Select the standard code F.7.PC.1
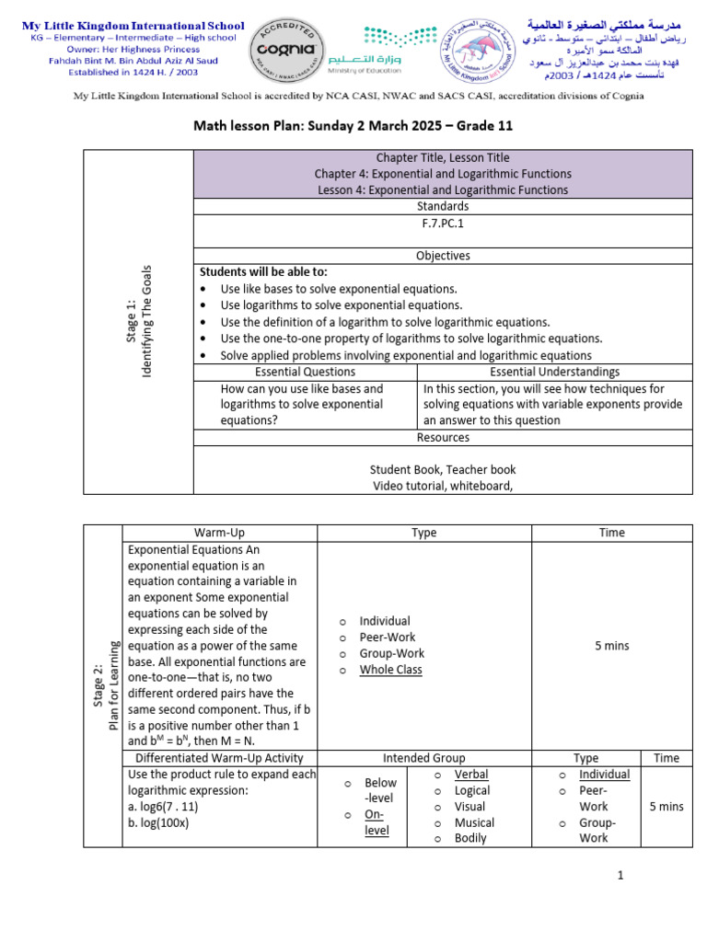[x=443, y=223]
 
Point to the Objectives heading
[x=443, y=256]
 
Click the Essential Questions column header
[x=305, y=372]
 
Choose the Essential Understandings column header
[x=554, y=372]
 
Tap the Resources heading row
[x=443, y=438]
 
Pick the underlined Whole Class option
[x=390, y=670]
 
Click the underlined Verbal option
[x=471, y=775]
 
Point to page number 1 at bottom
[x=621, y=876]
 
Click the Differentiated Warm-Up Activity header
[x=219, y=758]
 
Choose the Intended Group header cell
[x=424, y=758]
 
